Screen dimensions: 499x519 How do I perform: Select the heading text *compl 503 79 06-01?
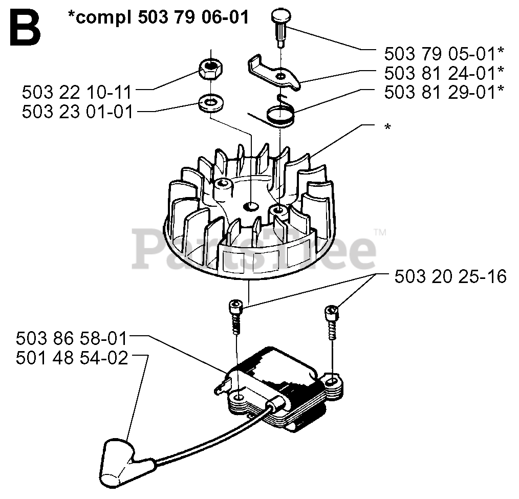[x=159, y=17]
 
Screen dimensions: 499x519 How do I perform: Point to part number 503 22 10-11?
[x=77, y=93]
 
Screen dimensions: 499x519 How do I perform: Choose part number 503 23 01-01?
[x=77, y=112]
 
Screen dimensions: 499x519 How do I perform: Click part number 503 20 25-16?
[x=450, y=277]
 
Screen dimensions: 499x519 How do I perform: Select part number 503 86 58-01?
[x=72, y=339]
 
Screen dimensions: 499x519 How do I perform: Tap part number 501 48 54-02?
[x=72, y=358]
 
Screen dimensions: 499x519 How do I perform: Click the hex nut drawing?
[x=210, y=68]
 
